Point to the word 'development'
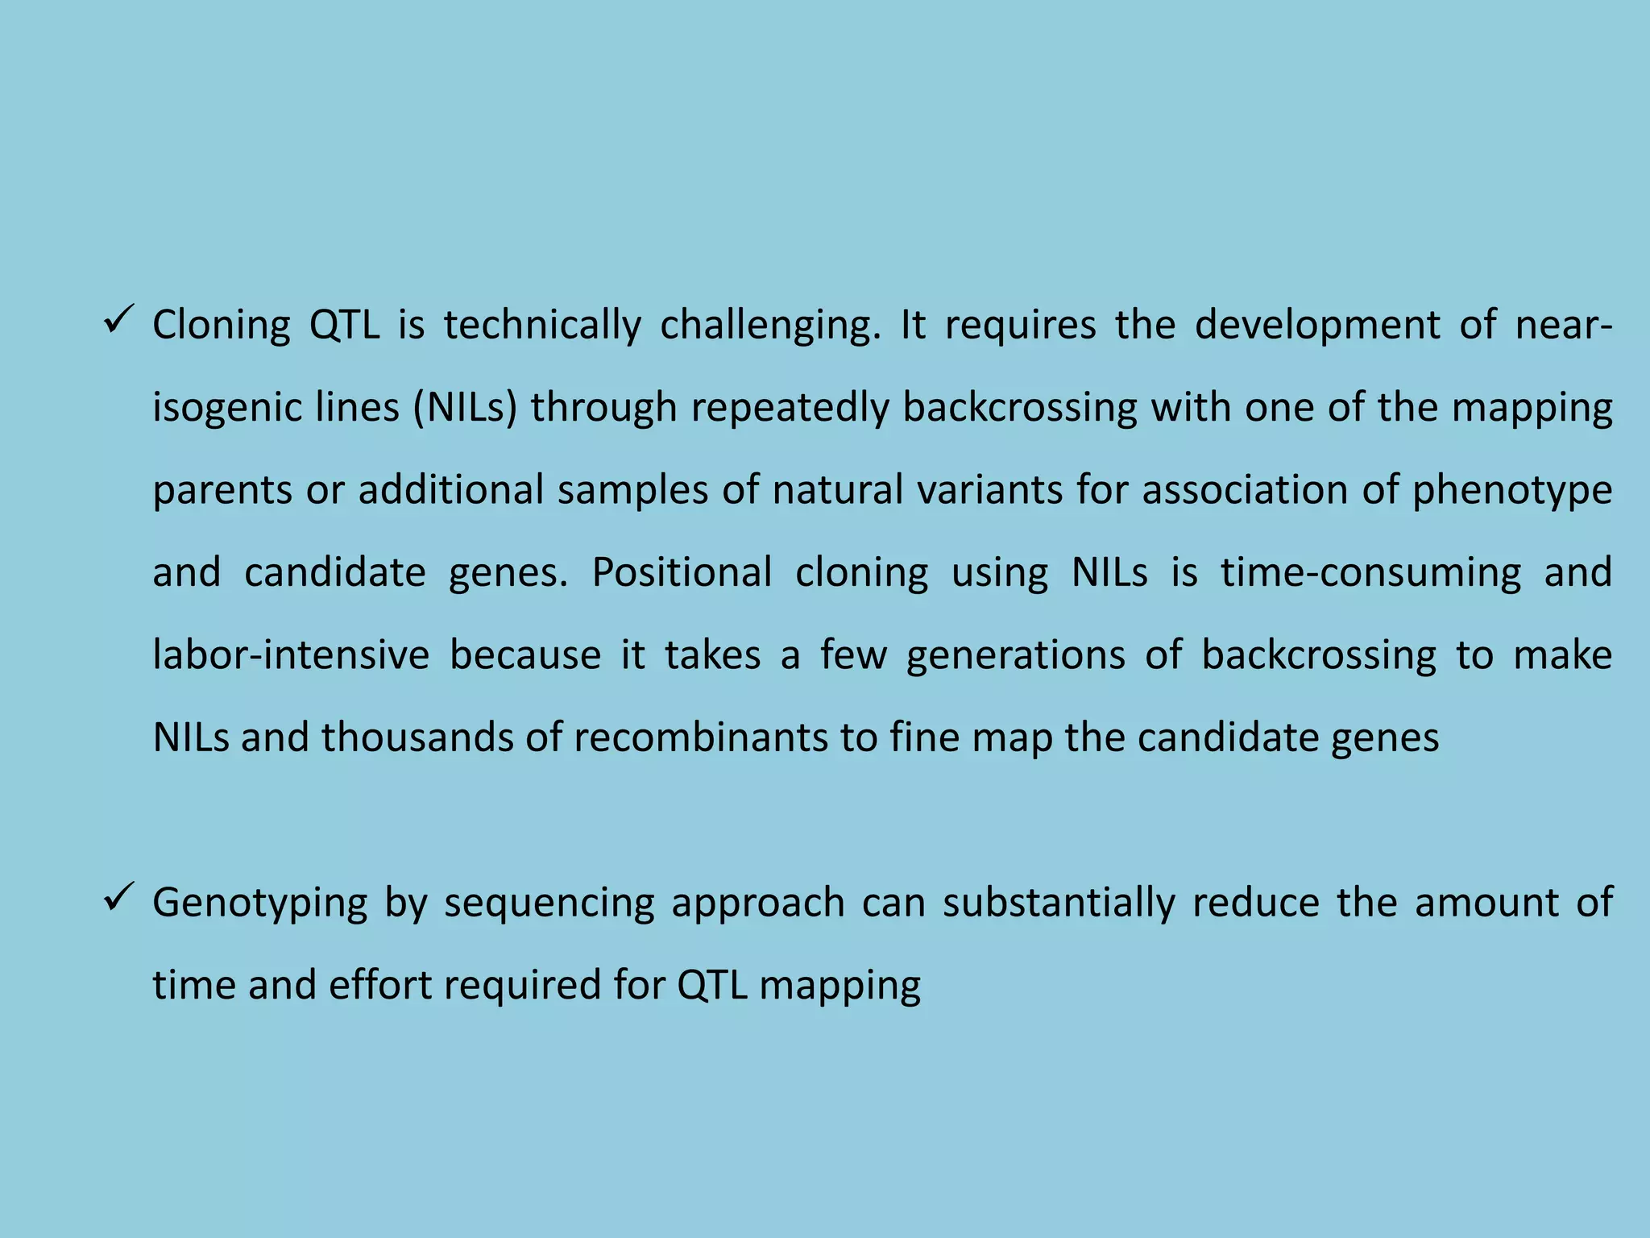(x=1317, y=326)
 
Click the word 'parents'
(x=222, y=491)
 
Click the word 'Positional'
(x=682, y=573)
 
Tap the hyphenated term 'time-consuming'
(x=1370, y=573)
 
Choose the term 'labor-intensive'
(x=291, y=655)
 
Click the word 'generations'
(x=1015, y=655)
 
